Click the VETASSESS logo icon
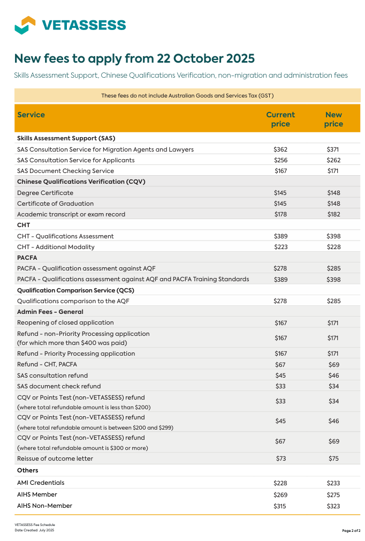(25, 25)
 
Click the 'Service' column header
(31, 115)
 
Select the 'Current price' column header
(280, 119)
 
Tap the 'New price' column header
(333, 119)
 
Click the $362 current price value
(280, 149)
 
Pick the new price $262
(333, 160)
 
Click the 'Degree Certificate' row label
(45, 193)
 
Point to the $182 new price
(333, 214)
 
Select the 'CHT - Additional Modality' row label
(56, 247)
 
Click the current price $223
(280, 247)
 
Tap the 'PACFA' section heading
(27, 258)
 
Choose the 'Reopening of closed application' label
(65, 322)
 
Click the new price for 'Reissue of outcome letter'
(333, 459)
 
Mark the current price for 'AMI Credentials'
(280, 483)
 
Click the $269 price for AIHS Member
(280, 495)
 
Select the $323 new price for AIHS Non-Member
(333, 506)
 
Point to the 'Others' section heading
(28, 470)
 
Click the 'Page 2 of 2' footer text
(351, 530)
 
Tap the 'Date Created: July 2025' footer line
(34, 530)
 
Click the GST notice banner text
(187, 96)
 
